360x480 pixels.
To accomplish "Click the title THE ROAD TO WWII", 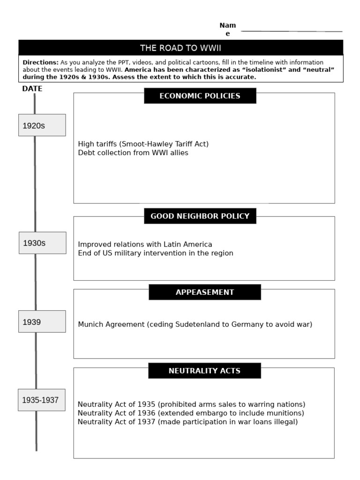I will (180, 48).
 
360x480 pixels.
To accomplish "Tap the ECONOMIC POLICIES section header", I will (200, 96).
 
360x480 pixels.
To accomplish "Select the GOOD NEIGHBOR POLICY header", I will (200, 216).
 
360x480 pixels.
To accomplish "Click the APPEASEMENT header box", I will (204, 292).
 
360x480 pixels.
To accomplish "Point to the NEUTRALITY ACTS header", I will (204, 371).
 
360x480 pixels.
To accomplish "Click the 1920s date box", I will (42, 125).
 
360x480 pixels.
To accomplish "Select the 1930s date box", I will (42, 243).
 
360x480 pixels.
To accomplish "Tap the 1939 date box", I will (42, 322).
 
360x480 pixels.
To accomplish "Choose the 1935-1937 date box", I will (41, 400).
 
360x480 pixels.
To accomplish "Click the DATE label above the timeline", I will (32, 89).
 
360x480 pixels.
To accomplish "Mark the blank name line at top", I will (291, 31).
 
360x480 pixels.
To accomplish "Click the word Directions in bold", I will (40, 62).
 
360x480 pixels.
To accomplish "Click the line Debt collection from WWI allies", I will (133, 153).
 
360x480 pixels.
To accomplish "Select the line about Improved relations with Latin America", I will (145, 244).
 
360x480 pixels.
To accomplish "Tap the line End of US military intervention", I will (155, 253).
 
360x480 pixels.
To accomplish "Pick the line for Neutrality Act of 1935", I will (191, 404).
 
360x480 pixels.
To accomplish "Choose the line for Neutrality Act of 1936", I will (191, 413).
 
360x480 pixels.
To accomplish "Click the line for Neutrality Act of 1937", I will (187, 422).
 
